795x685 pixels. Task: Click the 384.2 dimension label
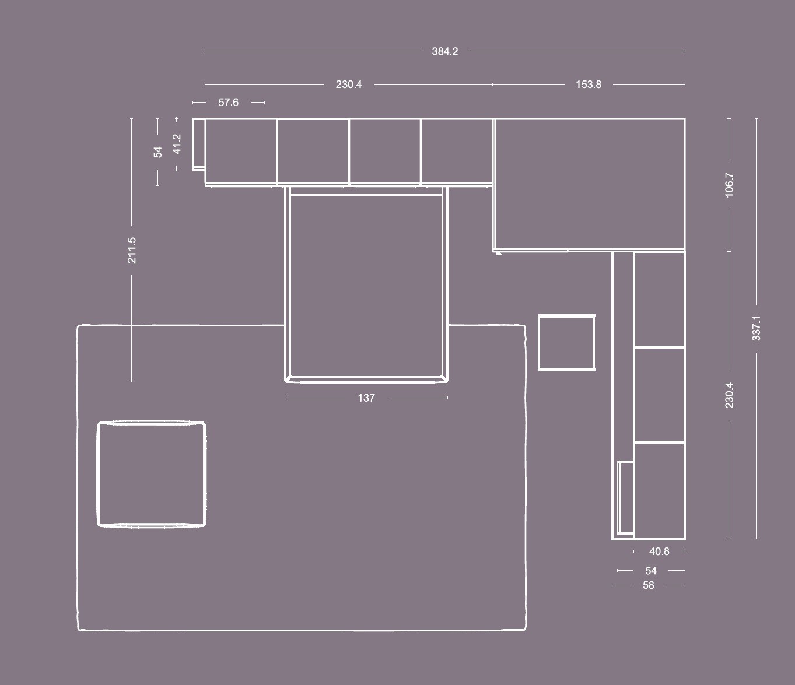point(444,51)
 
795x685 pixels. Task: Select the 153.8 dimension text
point(588,85)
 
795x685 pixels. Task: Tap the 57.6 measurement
point(229,103)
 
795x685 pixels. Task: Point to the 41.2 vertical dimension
point(177,144)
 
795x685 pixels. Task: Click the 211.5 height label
point(132,250)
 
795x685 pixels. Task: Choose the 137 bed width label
point(366,398)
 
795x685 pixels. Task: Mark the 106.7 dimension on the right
point(729,185)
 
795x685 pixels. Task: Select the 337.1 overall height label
point(756,328)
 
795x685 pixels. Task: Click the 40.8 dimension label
point(659,551)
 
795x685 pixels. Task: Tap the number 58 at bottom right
point(649,585)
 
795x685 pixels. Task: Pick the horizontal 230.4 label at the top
point(348,85)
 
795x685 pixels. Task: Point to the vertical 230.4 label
point(729,395)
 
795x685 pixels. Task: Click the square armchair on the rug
point(152,475)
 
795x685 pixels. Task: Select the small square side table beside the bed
point(566,343)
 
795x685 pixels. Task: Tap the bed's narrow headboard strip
point(366,191)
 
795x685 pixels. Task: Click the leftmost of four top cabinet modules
point(241,151)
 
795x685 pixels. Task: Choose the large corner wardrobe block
point(589,185)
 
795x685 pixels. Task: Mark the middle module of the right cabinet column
point(659,395)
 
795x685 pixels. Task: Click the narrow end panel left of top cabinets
point(198,144)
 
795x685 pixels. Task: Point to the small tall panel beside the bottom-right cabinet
point(625,497)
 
